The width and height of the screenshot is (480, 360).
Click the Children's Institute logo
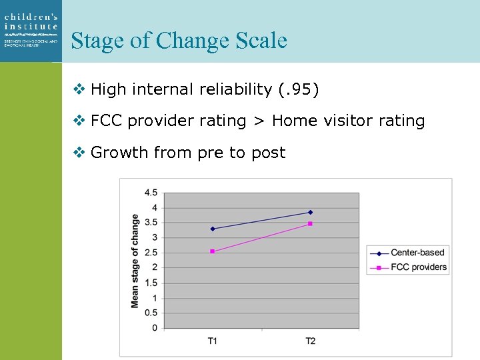click(x=31, y=31)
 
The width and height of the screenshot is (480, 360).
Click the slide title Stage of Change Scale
click(x=179, y=41)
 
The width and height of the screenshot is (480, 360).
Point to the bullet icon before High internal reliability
click(x=79, y=89)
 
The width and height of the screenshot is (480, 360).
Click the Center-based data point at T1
click(x=213, y=229)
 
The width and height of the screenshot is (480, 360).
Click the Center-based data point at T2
click(x=310, y=212)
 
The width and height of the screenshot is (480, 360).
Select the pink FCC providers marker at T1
click(x=213, y=251)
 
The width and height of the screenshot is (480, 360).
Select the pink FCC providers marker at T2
click(x=310, y=223)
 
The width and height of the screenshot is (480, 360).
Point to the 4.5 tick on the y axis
click(x=151, y=193)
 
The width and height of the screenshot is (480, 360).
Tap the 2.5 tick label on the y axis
click(x=151, y=253)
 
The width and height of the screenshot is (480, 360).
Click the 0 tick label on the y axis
click(x=154, y=328)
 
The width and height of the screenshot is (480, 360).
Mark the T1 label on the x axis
click(x=213, y=341)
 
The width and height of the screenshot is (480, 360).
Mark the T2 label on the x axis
click(x=310, y=341)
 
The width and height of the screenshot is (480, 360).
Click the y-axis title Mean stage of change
click(x=135, y=261)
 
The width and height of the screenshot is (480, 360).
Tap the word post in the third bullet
click(x=268, y=153)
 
